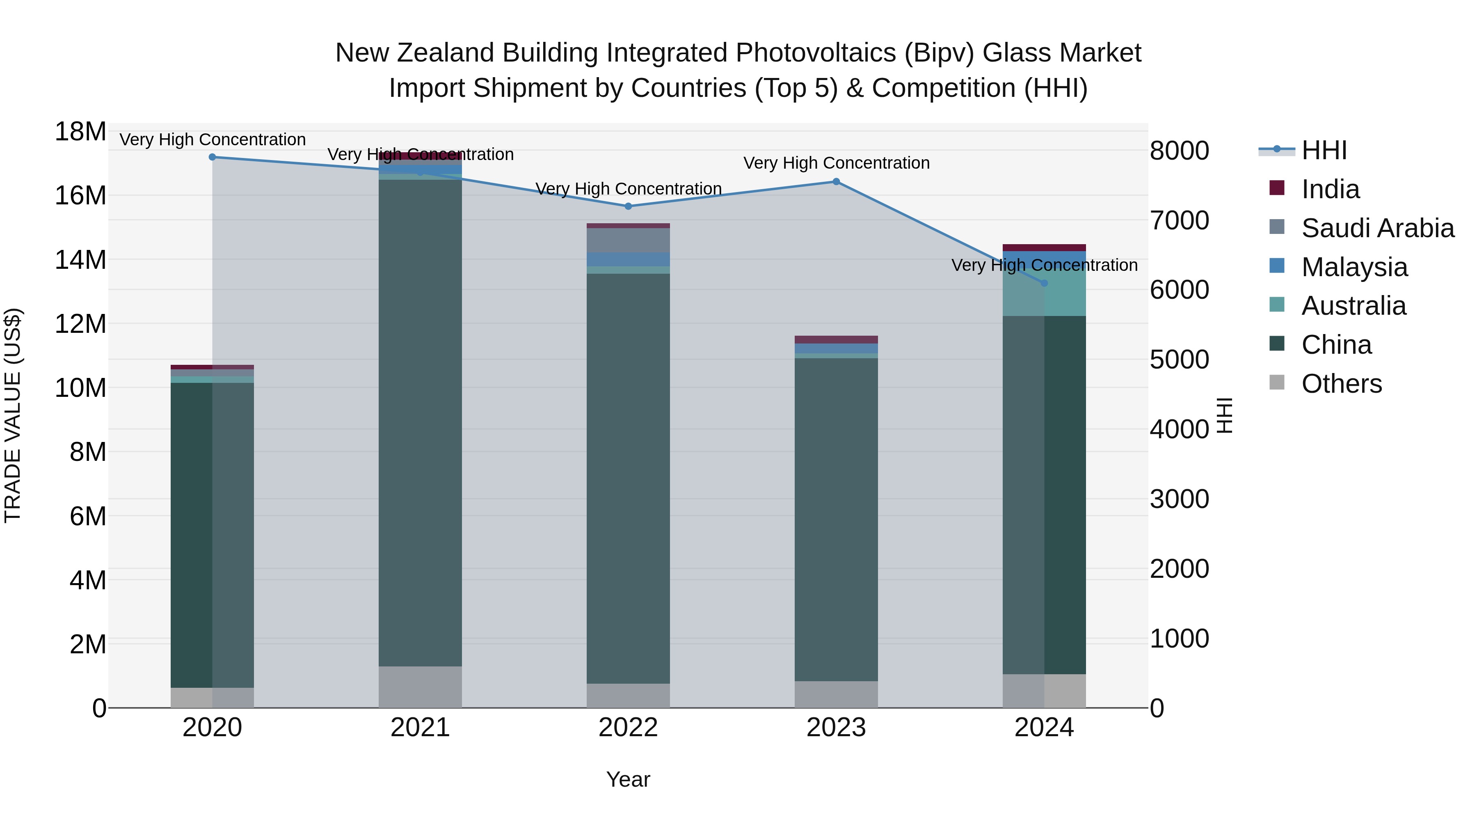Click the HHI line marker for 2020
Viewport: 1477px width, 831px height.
tap(212, 157)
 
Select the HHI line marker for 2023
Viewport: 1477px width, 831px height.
tap(836, 182)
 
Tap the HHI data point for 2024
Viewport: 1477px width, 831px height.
tap(1044, 283)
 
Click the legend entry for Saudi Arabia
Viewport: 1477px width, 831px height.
tap(1378, 228)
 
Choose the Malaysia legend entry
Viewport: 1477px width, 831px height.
tap(1354, 267)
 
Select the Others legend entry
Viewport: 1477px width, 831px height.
tap(1342, 384)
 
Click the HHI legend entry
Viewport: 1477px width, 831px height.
tap(1324, 150)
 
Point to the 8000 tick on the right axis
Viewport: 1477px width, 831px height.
tap(1180, 151)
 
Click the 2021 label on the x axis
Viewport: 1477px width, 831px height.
tap(420, 728)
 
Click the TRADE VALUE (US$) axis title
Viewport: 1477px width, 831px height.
tap(13, 415)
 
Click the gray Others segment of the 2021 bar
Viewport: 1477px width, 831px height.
tap(420, 687)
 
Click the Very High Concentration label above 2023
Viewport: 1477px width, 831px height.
tap(836, 163)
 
